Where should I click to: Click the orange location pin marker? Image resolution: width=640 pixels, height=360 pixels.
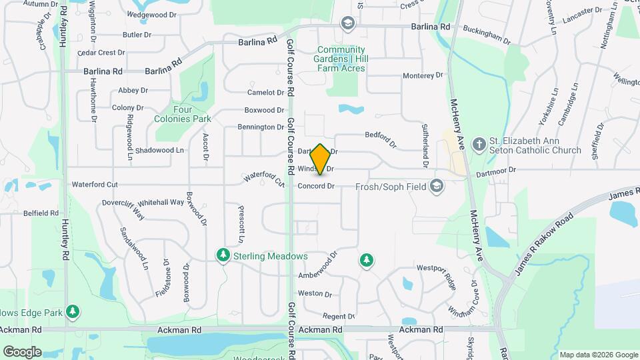tap(321, 159)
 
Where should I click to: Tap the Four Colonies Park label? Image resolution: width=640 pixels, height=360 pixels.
tap(192, 114)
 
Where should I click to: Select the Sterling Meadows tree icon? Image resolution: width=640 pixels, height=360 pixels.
tap(223, 256)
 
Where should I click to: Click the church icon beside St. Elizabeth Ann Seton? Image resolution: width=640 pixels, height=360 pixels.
tap(478, 145)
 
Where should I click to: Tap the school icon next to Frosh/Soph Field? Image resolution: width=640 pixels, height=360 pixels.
tap(437, 186)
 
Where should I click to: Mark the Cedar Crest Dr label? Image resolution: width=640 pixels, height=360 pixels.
tap(101, 53)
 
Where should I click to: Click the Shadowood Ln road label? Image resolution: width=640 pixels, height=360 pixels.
tap(159, 151)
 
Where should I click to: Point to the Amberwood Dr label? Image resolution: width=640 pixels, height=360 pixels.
tap(319, 265)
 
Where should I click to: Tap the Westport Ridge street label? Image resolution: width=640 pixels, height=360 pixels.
tap(436, 274)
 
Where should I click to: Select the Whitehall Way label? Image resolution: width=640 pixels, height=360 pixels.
tap(161, 202)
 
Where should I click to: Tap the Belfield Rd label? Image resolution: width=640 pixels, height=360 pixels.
tap(41, 213)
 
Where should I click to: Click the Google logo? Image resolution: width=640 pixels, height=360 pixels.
tap(22, 352)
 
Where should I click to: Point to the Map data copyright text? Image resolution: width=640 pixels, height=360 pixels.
tap(598, 355)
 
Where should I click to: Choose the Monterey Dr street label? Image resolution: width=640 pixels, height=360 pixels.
tap(423, 75)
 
